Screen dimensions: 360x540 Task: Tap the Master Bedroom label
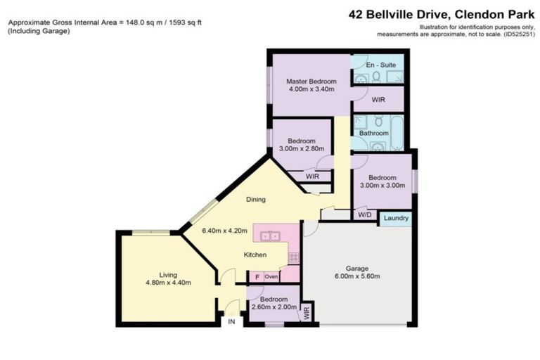tap(310, 81)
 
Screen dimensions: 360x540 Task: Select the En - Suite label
tap(380, 65)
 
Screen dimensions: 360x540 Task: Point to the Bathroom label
tap(373, 133)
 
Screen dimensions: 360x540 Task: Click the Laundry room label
tap(397, 219)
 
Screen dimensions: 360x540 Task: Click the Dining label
tap(255, 199)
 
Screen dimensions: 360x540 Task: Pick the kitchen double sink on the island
tap(271, 236)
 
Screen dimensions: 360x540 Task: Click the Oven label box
tap(271, 277)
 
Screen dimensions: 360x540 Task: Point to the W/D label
tap(364, 214)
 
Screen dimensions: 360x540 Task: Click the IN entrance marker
tap(231, 321)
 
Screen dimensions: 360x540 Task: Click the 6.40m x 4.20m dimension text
tap(226, 229)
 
